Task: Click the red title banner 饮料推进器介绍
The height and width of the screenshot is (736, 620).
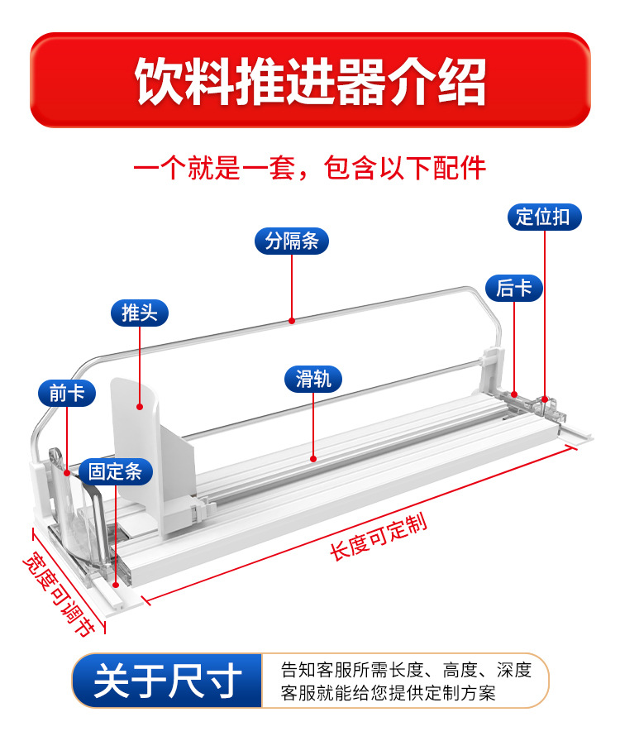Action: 310,80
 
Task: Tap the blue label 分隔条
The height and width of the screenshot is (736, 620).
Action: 292,241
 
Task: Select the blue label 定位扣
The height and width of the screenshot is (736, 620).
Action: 543,217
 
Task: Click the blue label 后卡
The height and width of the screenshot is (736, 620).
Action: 513,288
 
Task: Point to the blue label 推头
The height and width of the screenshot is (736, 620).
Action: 140,313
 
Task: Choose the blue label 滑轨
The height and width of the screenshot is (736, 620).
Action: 313,379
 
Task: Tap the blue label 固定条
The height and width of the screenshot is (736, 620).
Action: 116,472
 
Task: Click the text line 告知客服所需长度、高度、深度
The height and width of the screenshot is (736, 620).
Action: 405,669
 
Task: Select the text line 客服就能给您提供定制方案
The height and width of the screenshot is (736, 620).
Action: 388,693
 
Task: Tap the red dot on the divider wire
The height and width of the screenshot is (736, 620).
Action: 292,319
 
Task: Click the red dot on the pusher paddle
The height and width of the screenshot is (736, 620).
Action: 141,407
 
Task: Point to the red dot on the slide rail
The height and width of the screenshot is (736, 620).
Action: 313,457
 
